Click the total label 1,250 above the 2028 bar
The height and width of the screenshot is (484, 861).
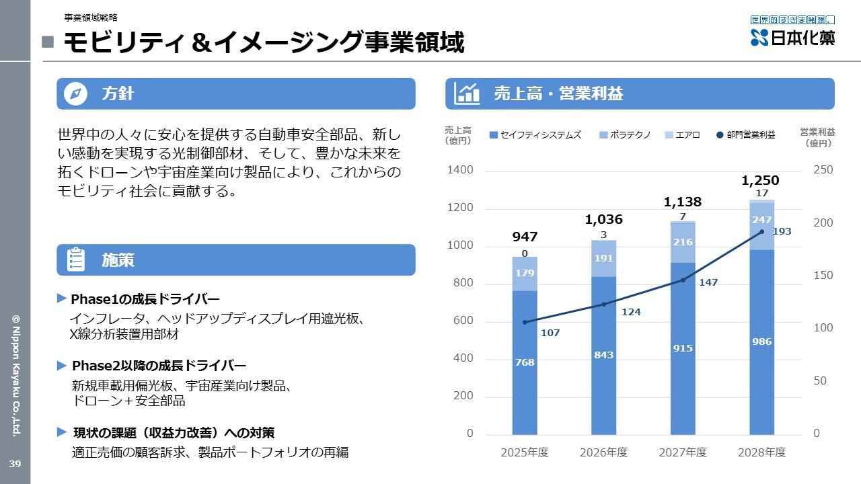pyautogui.click(x=760, y=180)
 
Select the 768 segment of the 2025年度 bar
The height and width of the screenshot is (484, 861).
pyautogui.click(x=525, y=362)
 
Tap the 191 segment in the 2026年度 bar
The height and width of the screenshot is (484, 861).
pyautogui.click(x=603, y=258)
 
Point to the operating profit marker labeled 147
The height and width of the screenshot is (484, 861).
pyautogui.click(x=683, y=280)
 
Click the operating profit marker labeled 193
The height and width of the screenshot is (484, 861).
pyautogui.click(x=762, y=232)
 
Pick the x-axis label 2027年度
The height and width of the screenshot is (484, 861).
pyautogui.click(x=683, y=452)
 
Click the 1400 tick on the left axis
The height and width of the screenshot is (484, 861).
pyautogui.click(x=460, y=170)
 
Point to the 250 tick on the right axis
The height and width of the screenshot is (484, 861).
pyautogui.click(x=823, y=170)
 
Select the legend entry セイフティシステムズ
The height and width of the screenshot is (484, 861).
pyautogui.click(x=535, y=135)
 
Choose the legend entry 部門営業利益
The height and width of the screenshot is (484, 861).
pyautogui.click(x=746, y=135)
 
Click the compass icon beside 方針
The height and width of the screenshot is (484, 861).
pyautogui.click(x=75, y=93)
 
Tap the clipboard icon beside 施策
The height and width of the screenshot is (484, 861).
pyautogui.click(x=76, y=259)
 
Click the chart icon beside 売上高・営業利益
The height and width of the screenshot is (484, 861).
pyautogui.click(x=467, y=93)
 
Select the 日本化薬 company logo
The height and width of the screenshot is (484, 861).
pyautogui.click(x=792, y=31)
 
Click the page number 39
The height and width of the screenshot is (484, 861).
pyautogui.click(x=15, y=464)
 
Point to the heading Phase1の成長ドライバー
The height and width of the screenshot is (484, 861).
pyautogui.click(x=145, y=299)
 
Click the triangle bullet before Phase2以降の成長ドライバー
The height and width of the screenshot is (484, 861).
pyautogui.click(x=61, y=365)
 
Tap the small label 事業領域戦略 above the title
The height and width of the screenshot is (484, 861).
pyautogui.click(x=91, y=17)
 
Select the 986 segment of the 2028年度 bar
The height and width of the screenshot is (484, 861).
pyautogui.click(x=762, y=342)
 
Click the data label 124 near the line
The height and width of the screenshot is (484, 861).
pyautogui.click(x=631, y=312)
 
